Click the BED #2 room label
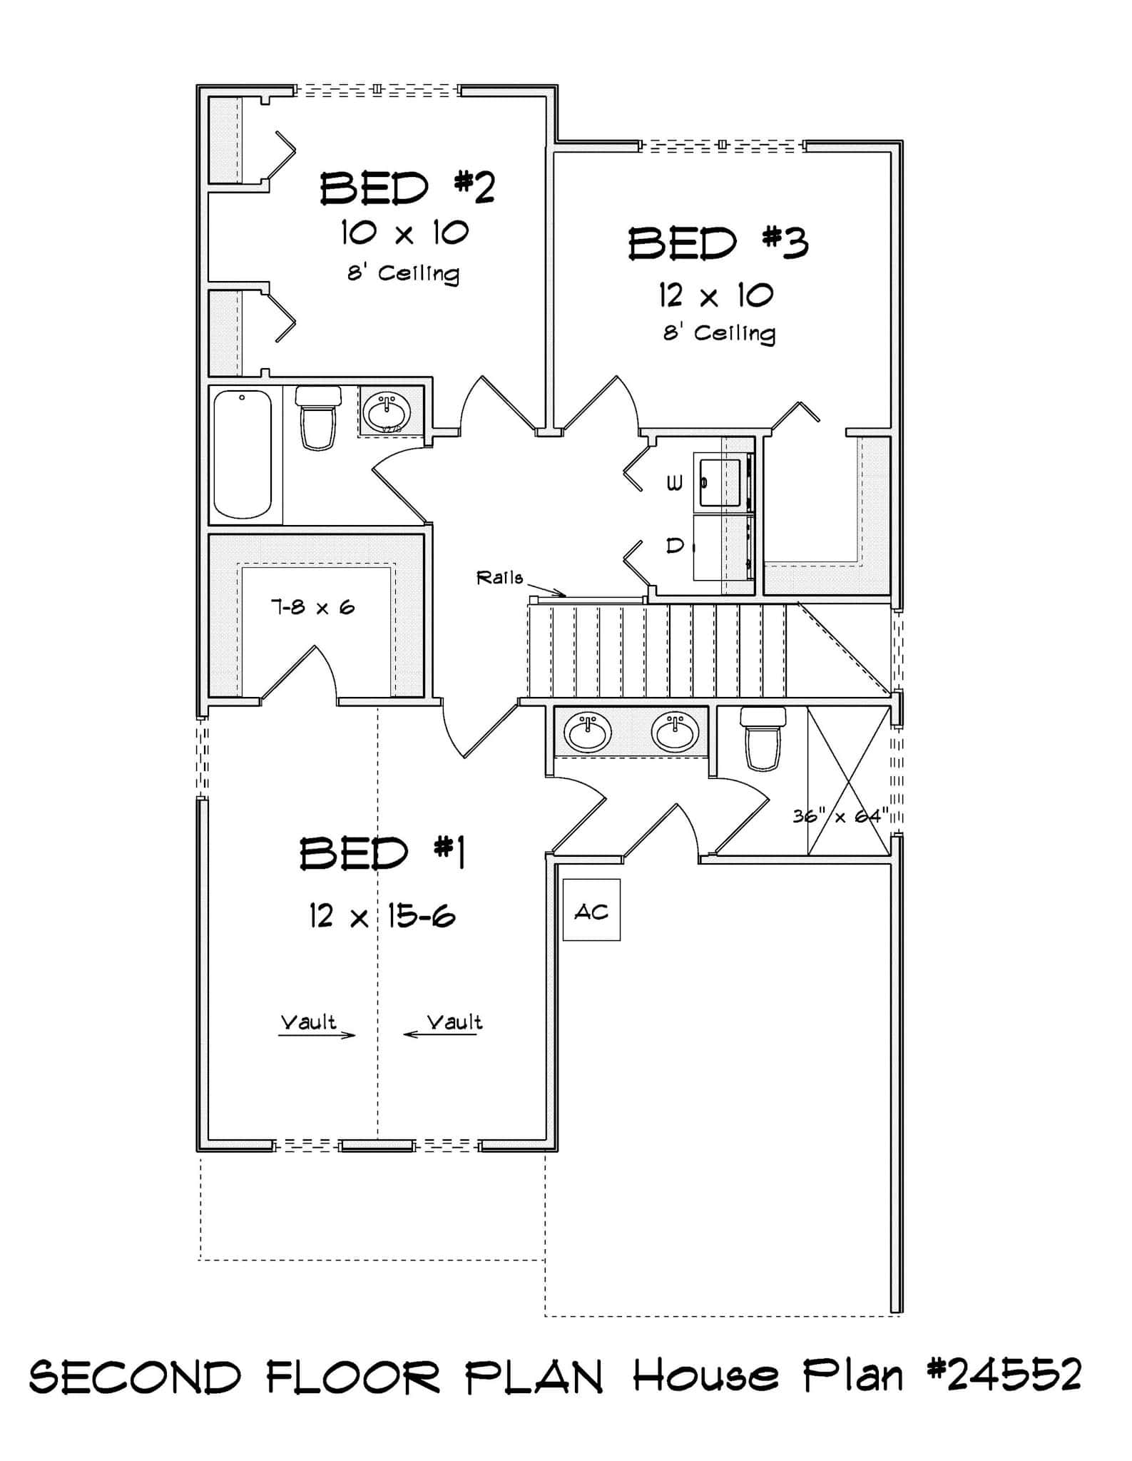pyautogui.click(x=407, y=188)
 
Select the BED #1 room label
pyautogui.click(x=382, y=853)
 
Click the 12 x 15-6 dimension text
pyautogui.click(x=382, y=916)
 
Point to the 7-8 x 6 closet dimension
pyautogui.click(x=312, y=607)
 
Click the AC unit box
pyautogui.click(x=591, y=910)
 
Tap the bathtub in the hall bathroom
pyautogui.click(x=243, y=454)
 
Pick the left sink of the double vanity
pyautogui.click(x=587, y=731)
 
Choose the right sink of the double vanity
pyautogui.click(x=675, y=731)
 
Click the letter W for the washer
pyautogui.click(x=674, y=484)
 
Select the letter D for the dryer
pyautogui.click(x=674, y=546)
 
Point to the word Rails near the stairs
pyautogui.click(x=499, y=578)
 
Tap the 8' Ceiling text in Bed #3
pyautogui.click(x=719, y=333)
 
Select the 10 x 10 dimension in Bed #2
pyautogui.click(x=404, y=233)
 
